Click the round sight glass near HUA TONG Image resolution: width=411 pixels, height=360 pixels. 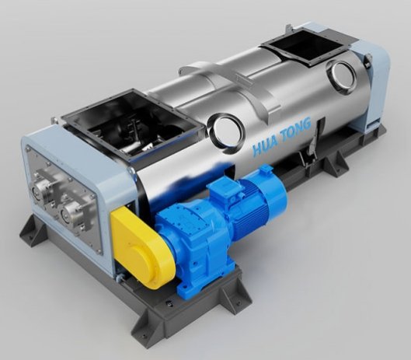pos(226,130)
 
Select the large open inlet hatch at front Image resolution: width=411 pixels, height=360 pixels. pos(132,124)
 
